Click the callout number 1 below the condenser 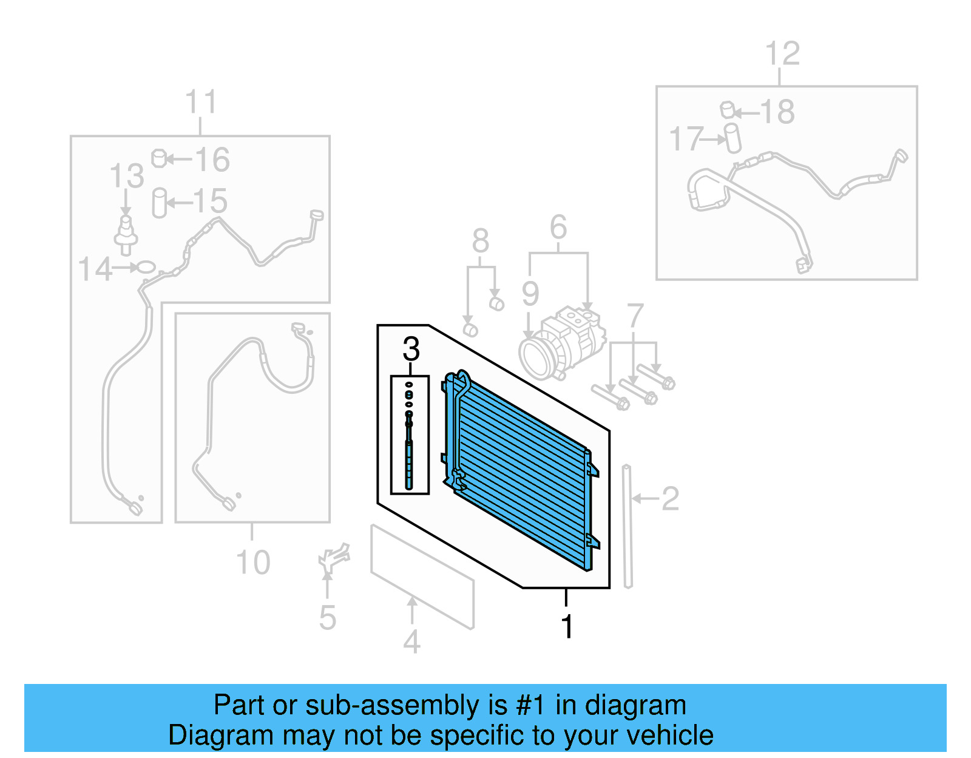(x=567, y=627)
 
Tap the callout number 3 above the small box (x=411, y=349)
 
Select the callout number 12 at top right (x=782, y=54)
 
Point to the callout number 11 (x=200, y=102)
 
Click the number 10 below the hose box (x=252, y=563)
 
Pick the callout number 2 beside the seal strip (x=669, y=499)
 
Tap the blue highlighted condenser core (x=522, y=473)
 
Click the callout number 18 (x=777, y=112)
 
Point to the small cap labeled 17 (x=733, y=138)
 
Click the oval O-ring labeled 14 (x=146, y=267)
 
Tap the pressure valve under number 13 (x=126, y=234)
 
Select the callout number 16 (x=212, y=160)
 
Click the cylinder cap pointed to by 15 (x=159, y=203)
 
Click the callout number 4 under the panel (x=411, y=642)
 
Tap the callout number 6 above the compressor (x=558, y=228)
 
